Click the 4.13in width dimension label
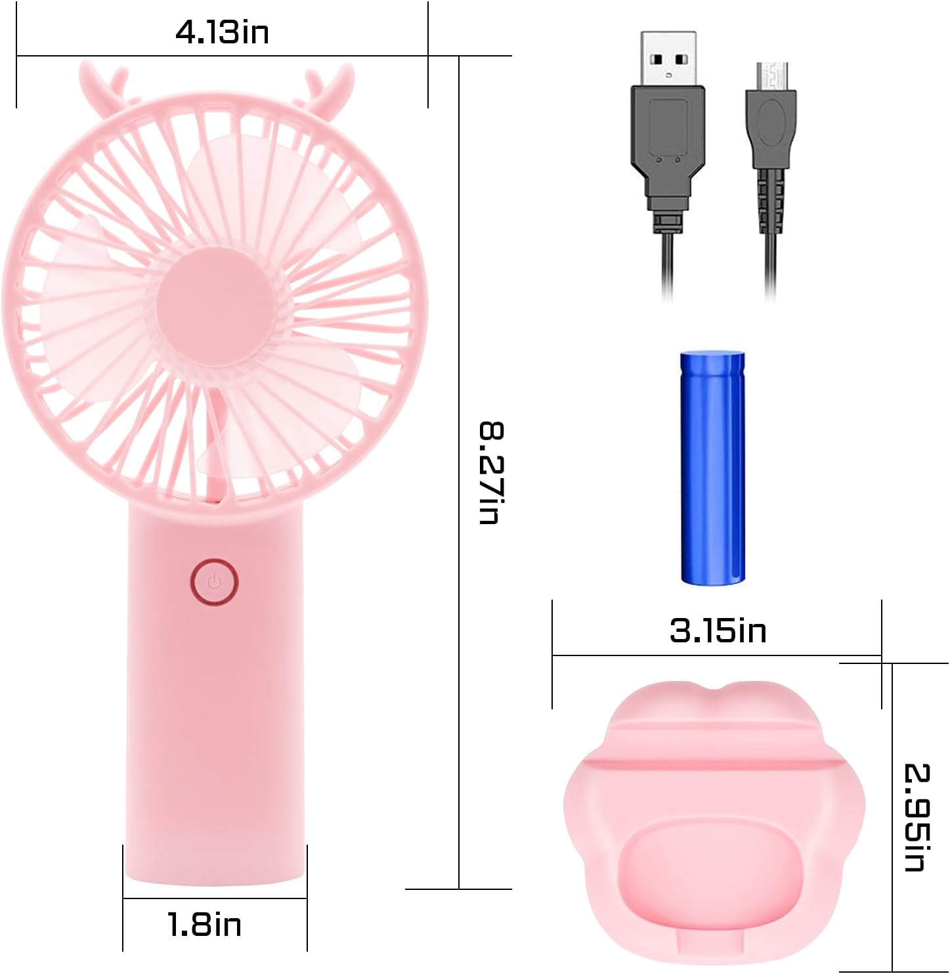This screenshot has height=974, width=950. (x=222, y=33)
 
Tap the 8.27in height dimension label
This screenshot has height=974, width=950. (x=492, y=472)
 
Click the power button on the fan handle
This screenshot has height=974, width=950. (x=214, y=582)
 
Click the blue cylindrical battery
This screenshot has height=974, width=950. (x=712, y=467)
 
